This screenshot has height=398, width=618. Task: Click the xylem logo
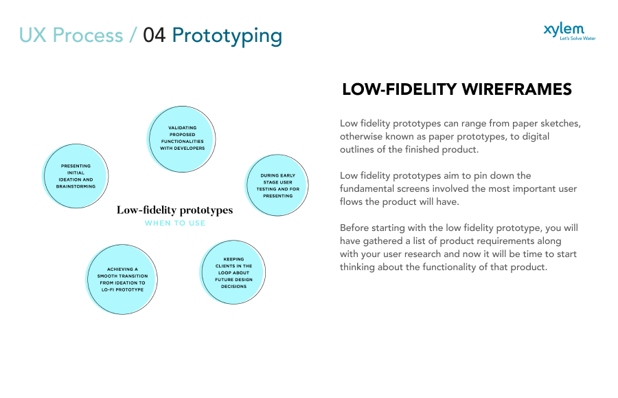click(564, 29)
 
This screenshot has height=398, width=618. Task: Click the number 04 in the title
click(154, 36)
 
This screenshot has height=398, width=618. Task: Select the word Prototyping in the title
click(227, 36)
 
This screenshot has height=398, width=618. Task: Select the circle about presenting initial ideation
click(76, 176)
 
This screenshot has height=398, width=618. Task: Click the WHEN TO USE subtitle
click(174, 223)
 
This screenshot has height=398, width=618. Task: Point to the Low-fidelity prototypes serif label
click(174, 210)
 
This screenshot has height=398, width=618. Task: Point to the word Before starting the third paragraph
click(357, 228)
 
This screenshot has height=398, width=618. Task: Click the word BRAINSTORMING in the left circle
click(76, 186)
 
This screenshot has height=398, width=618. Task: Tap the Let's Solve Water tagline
click(577, 38)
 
